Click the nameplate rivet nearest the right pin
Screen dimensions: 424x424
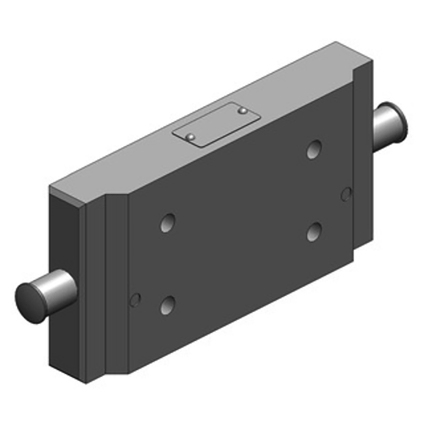click(x=242, y=111)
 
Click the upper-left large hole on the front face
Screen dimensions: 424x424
click(x=168, y=223)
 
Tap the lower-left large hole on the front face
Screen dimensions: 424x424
click(x=168, y=304)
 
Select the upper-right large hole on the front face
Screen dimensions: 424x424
click(x=314, y=149)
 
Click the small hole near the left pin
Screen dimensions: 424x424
click(x=135, y=300)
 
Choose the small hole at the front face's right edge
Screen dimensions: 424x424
click(x=346, y=195)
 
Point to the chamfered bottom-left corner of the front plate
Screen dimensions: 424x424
click(x=118, y=371)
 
